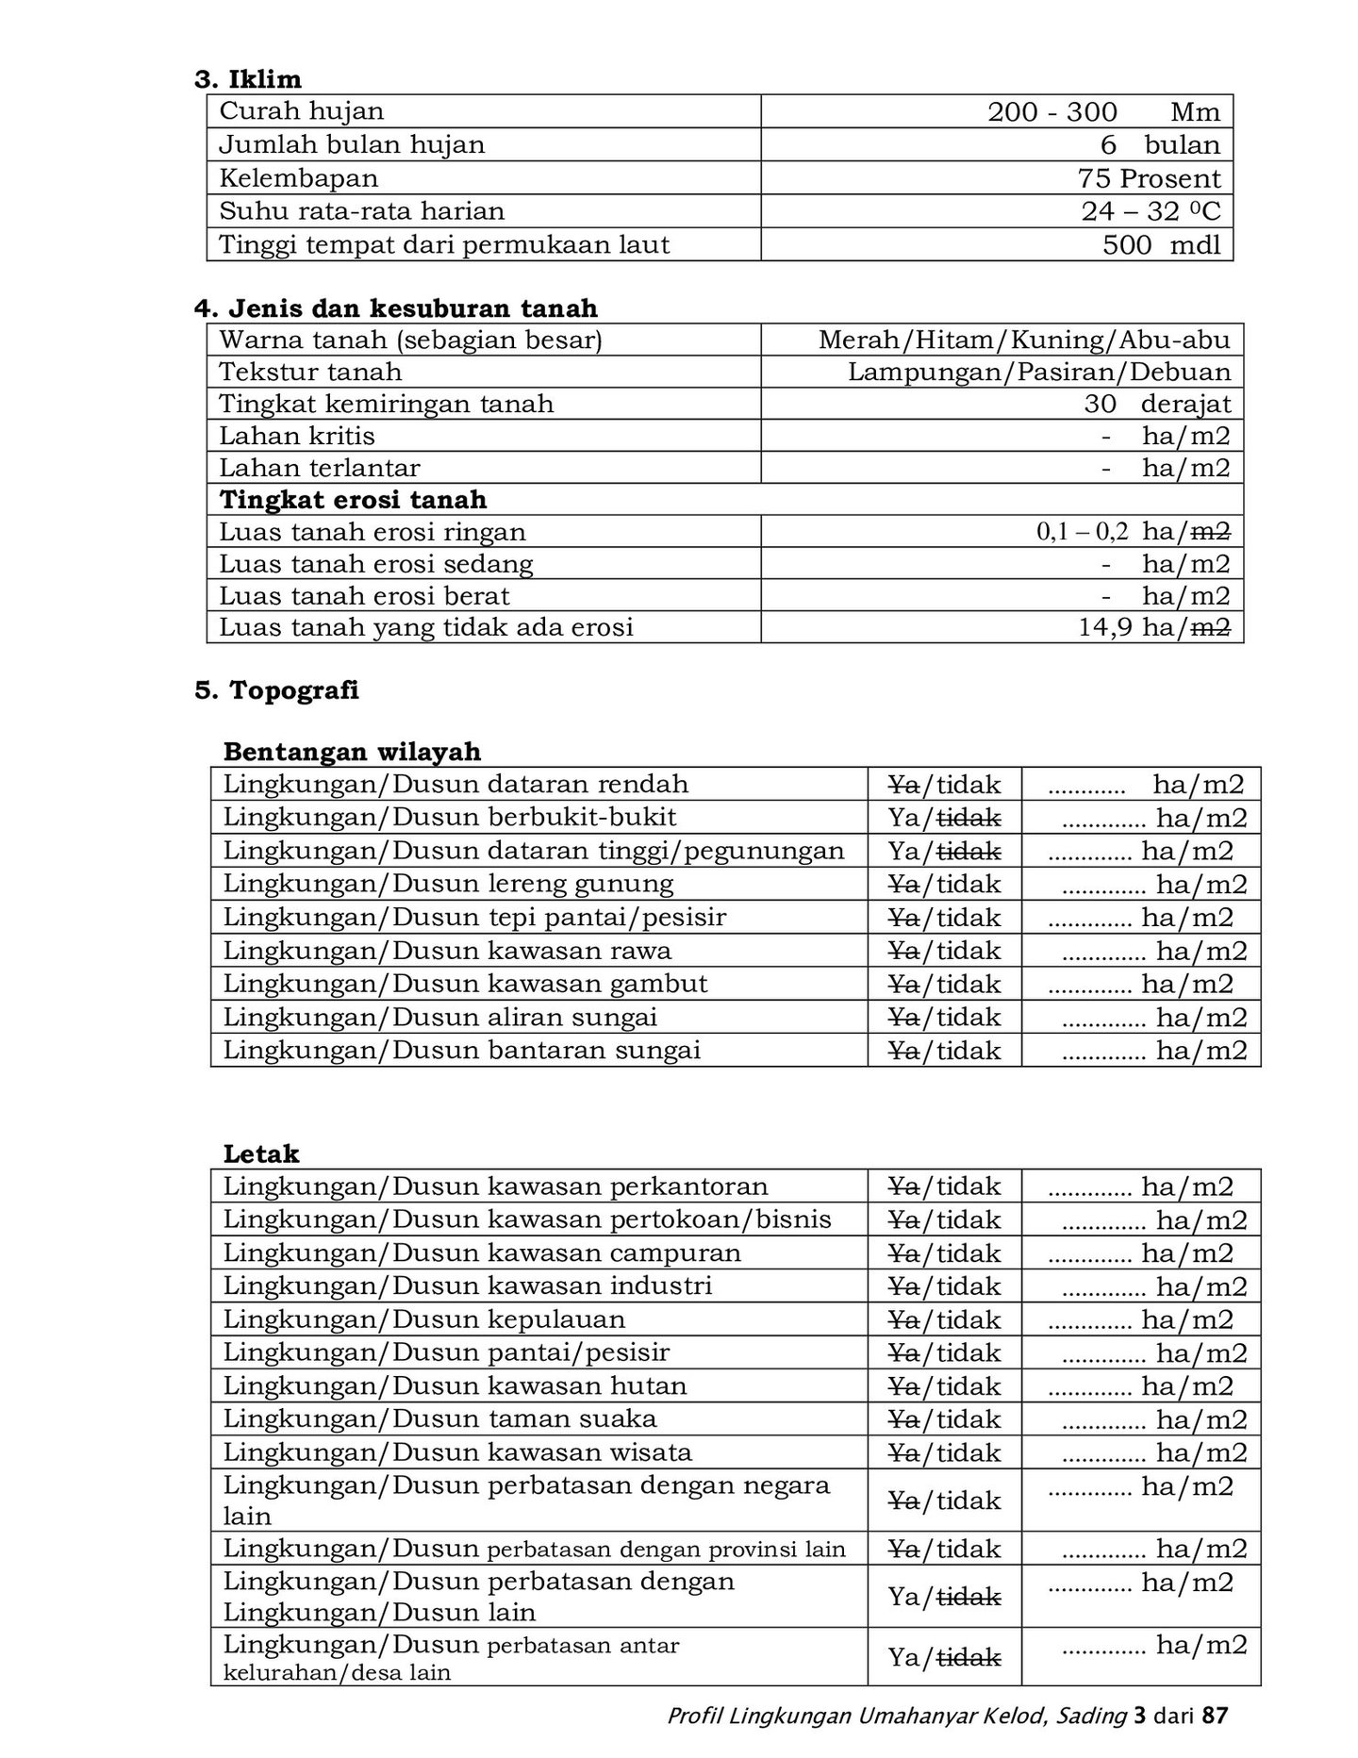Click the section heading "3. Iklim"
tap(248, 79)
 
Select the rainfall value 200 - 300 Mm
tap(1103, 112)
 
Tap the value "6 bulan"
tap(1159, 145)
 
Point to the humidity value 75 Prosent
tap(1149, 178)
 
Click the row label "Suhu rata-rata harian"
tap(362, 211)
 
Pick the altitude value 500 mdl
tap(1161, 245)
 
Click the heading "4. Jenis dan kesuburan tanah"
tap(396, 308)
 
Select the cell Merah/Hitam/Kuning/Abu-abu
tap(1024, 340)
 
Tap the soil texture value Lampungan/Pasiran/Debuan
tap(1039, 372)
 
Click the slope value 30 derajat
tap(1157, 404)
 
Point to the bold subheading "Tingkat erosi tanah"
tap(354, 500)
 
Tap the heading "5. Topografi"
tap(277, 690)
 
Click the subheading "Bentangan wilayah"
tap(352, 752)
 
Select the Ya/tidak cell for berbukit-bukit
tap(944, 818)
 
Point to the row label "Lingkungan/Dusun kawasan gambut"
tap(465, 984)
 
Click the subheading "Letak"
tap(261, 1153)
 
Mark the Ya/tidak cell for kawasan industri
tap(944, 1286)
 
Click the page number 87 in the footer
tap(1216, 1716)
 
